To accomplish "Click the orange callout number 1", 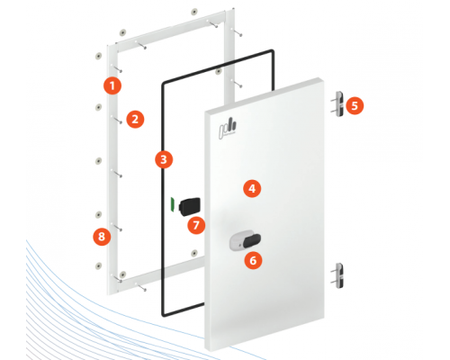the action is [112, 85].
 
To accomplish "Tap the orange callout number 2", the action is [135, 120].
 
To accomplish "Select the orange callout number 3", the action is [164, 159].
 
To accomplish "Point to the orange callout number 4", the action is [252, 189].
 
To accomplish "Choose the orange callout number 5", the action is [355, 106].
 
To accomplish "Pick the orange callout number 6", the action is [253, 260].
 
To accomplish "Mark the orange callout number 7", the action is [196, 225].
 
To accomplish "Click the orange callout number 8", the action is [102, 237].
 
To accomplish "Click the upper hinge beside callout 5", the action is [339, 103].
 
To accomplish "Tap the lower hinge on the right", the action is [339, 275].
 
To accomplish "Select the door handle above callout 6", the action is [245, 240].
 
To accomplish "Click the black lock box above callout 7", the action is [190, 206].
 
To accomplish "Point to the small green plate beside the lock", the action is [173, 204].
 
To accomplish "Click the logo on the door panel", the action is [228, 129].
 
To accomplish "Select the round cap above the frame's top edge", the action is [194, 12].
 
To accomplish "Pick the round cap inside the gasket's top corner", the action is [219, 71].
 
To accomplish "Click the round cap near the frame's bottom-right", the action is [194, 253].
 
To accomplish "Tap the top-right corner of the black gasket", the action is [273, 51].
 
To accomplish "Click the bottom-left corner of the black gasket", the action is [164, 315].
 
